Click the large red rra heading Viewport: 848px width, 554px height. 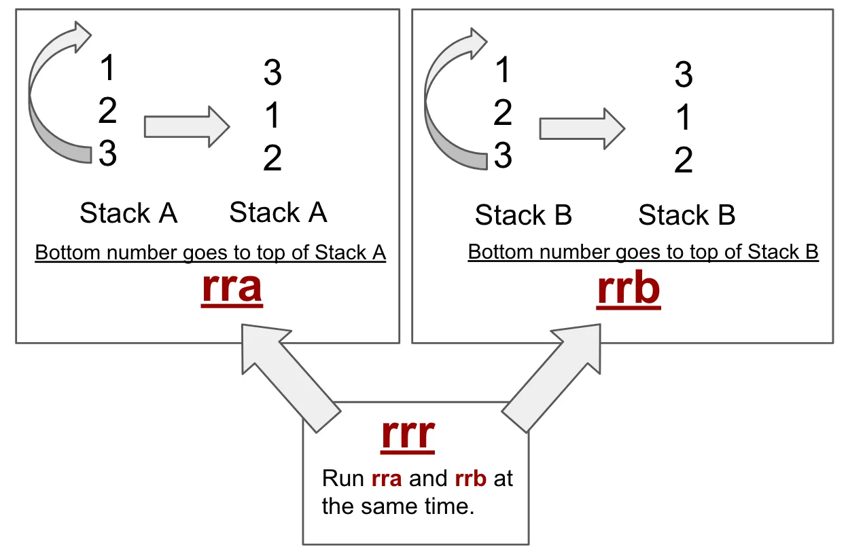(232, 288)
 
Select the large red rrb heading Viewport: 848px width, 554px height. (629, 289)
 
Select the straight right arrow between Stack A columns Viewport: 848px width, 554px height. (187, 126)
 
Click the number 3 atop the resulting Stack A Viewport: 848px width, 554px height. (272, 73)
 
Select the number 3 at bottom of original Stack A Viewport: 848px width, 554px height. (107, 154)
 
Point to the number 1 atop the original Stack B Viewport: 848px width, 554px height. (503, 71)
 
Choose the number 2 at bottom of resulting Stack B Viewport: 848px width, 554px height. (684, 161)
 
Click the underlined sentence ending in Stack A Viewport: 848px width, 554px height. (210, 253)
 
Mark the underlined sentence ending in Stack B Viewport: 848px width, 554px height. (643, 253)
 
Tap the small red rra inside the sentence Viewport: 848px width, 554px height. (387, 479)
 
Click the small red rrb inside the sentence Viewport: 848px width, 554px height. (470, 479)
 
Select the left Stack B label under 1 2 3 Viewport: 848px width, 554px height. (523, 216)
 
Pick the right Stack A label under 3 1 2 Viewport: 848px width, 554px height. (278, 213)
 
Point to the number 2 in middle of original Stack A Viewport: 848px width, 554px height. (107, 111)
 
